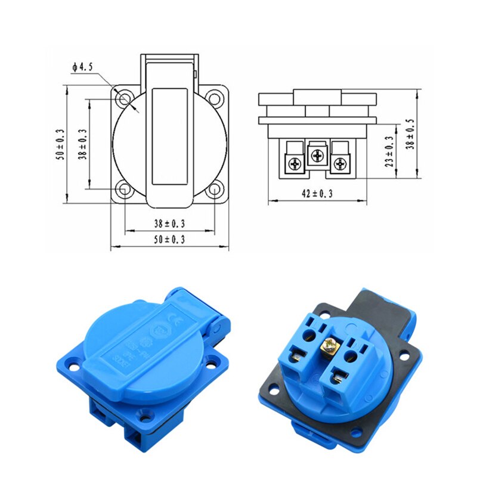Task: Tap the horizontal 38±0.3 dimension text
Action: click(x=169, y=224)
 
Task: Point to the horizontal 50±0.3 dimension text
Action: click(x=169, y=239)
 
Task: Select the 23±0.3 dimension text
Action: click(x=389, y=151)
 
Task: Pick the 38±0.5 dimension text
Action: click(x=410, y=134)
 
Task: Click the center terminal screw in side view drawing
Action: click(x=317, y=156)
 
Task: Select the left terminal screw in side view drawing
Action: click(x=295, y=162)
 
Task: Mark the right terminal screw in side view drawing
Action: click(x=340, y=162)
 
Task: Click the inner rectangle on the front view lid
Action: click(x=169, y=136)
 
